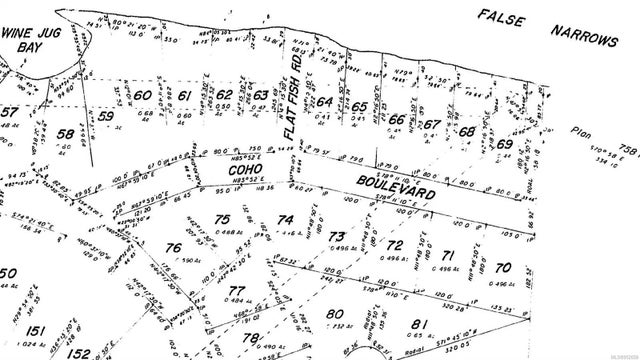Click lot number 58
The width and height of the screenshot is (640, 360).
pos(65,134)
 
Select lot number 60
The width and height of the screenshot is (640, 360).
pos(143,96)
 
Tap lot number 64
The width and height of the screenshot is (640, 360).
pos(324,103)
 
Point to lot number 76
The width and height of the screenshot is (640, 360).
pos(173,247)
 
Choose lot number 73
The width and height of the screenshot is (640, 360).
pos(337,235)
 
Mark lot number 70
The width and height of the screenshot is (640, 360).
pos(502,267)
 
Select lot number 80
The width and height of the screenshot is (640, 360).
pos(333,314)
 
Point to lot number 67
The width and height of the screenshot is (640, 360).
pos(431,125)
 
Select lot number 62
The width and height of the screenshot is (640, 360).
pos(225,95)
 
